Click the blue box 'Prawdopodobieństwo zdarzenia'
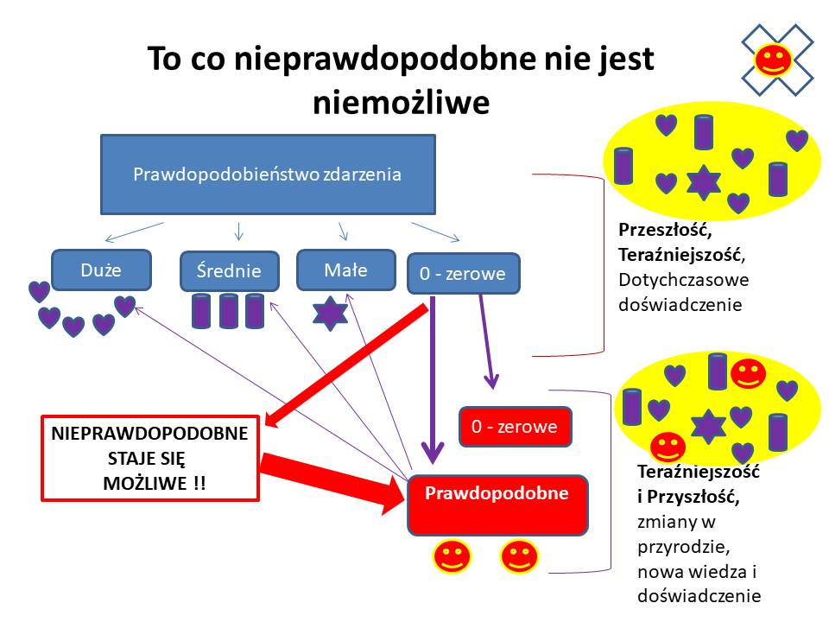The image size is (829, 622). click(x=268, y=174)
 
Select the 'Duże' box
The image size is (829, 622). click(x=102, y=270)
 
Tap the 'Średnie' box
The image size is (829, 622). click(x=230, y=270)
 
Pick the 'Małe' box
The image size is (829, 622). click(x=346, y=270)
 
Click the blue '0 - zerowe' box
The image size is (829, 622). click(x=463, y=274)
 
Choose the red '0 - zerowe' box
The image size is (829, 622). click(x=516, y=426)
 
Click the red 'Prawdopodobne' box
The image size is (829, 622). click(x=497, y=505)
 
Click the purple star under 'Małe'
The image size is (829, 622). click(x=330, y=314)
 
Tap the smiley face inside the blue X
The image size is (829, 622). click(x=772, y=60)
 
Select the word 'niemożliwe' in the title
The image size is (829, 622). click(x=402, y=102)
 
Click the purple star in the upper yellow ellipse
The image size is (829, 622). click(x=704, y=182)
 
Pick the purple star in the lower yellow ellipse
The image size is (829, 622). click(x=709, y=426)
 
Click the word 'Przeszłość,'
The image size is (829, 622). click(x=666, y=230)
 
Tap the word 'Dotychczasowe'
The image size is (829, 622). click(x=684, y=280)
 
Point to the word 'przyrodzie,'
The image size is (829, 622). click(x=684, y=547)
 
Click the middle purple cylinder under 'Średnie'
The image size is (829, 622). click(x=228, y=312)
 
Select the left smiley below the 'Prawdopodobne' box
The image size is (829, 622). click(x=452, y=556)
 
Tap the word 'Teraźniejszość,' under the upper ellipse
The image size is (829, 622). click(x=682, y=255)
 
